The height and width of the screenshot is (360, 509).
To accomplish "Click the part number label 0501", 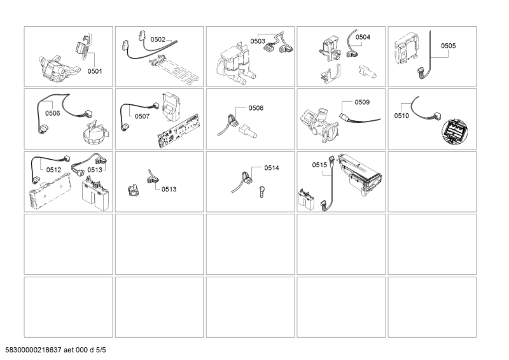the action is (95, 71).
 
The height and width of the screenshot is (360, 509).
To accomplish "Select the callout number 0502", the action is (158, 39).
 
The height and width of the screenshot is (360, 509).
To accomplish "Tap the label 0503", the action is (258, 41).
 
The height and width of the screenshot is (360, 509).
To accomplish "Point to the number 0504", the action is (363, 37).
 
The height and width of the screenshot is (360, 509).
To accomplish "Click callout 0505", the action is (449, 46).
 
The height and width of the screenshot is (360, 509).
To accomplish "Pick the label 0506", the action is (53, 113).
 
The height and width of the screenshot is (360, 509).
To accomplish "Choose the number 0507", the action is (142, 116).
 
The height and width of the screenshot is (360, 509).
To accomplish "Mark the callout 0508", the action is (256, 108).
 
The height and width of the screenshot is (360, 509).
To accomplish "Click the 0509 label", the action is (362, 102).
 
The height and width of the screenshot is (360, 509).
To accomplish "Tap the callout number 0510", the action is (401, 116).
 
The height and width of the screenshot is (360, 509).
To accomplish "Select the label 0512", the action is (53, 170).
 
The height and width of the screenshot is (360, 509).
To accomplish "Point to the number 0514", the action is (272, 168).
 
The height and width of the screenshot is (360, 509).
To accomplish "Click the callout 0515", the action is (320, 165).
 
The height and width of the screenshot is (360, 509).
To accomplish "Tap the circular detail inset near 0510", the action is (455, 131).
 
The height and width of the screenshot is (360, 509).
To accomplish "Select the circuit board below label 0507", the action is (178, 131).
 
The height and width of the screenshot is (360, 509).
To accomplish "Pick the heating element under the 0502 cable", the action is (174, 70).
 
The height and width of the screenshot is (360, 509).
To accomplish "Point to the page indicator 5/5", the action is (101, 350).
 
